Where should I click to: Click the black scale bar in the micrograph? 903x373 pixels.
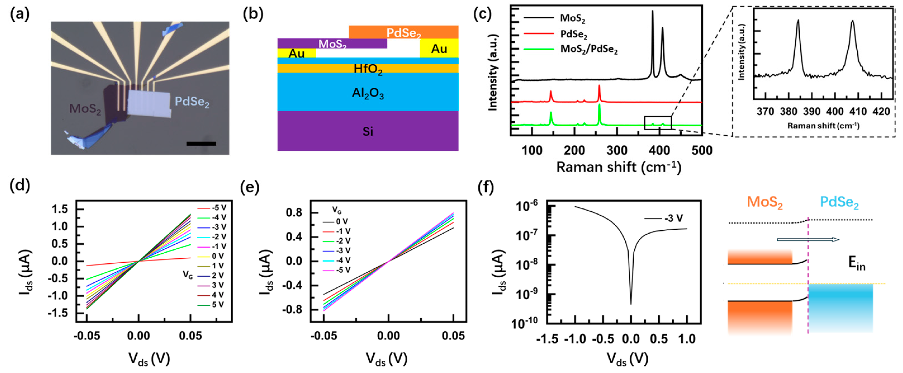tap(201, 143)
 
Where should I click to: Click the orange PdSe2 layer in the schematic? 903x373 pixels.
tap(403, 32)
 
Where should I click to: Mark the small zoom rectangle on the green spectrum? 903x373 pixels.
tap(658, 122)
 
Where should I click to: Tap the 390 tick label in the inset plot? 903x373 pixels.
tap(812, 111)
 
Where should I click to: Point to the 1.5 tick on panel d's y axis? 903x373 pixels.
tap(60, 210)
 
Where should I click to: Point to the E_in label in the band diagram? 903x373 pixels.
tap(856, 264)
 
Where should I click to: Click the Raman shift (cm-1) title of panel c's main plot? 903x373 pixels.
tap(619, 167)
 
